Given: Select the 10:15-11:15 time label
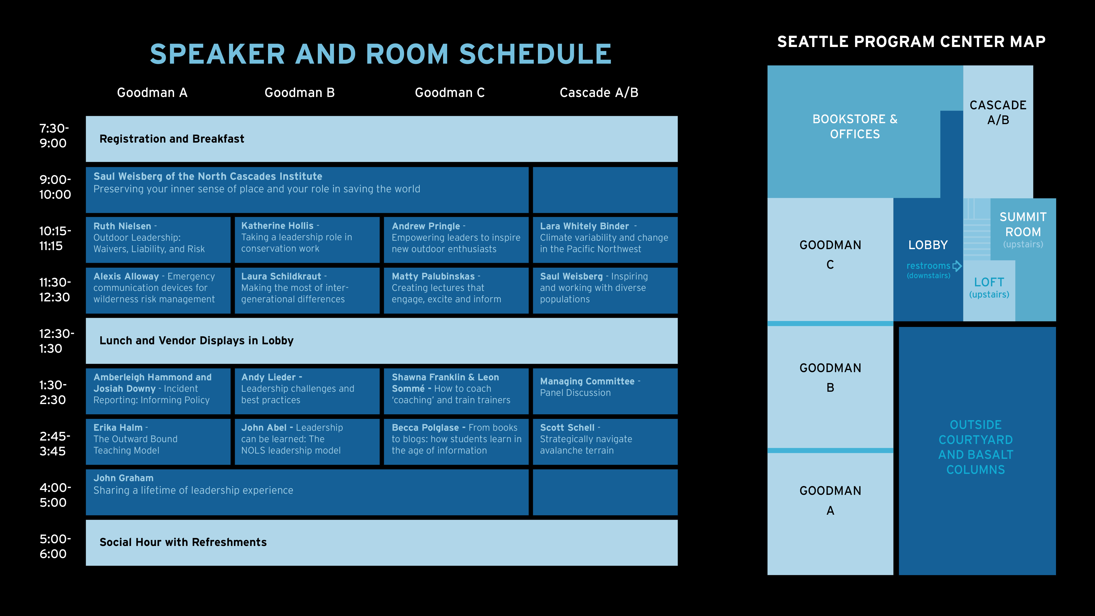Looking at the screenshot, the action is point(55,238).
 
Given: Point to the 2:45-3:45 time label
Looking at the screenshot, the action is point(55,443).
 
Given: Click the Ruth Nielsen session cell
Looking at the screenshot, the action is point(158,240).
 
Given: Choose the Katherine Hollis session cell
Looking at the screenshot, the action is point(307,240).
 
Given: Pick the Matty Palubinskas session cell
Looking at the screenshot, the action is point(456,290).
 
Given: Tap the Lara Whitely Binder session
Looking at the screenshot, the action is point(605,240).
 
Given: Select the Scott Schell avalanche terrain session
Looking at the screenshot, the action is point(605,442).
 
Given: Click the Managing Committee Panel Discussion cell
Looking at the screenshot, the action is point(605,391).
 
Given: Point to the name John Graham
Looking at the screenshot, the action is point(123,478).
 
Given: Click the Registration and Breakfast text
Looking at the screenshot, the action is point(172,139).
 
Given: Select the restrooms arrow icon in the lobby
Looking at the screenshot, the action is point(957,266).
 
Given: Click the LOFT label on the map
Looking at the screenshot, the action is point(989,282).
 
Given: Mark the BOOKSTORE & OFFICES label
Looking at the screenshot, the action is point(855,126).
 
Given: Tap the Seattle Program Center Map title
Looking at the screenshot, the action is point(911,42).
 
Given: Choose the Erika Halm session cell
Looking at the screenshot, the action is point(158,442).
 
